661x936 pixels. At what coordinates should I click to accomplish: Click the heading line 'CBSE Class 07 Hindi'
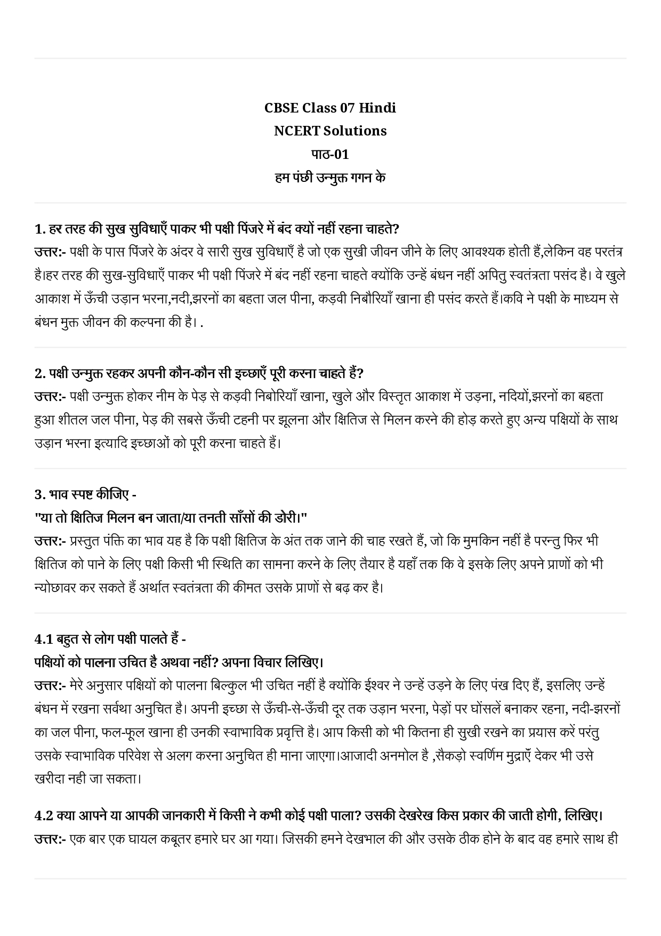[x=330, y=108]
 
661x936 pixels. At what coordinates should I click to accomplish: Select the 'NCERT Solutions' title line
[x=330, y=131]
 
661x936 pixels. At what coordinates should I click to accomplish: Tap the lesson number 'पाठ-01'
[x=330, y=154]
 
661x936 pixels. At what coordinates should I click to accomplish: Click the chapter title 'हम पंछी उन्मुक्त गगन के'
[x=330, y=178]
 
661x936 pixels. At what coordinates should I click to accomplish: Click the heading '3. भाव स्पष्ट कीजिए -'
[x=85, y=494]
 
